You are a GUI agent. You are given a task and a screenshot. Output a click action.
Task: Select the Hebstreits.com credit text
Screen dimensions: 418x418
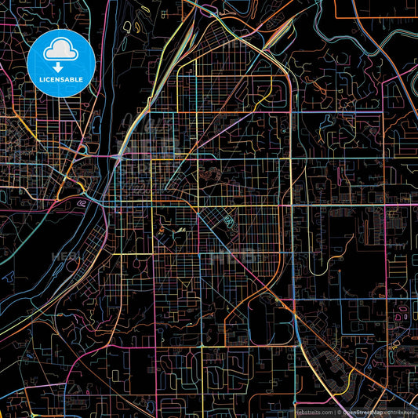(314, 412)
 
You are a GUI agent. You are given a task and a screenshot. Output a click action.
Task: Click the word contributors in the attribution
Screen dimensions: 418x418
(401, 412)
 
